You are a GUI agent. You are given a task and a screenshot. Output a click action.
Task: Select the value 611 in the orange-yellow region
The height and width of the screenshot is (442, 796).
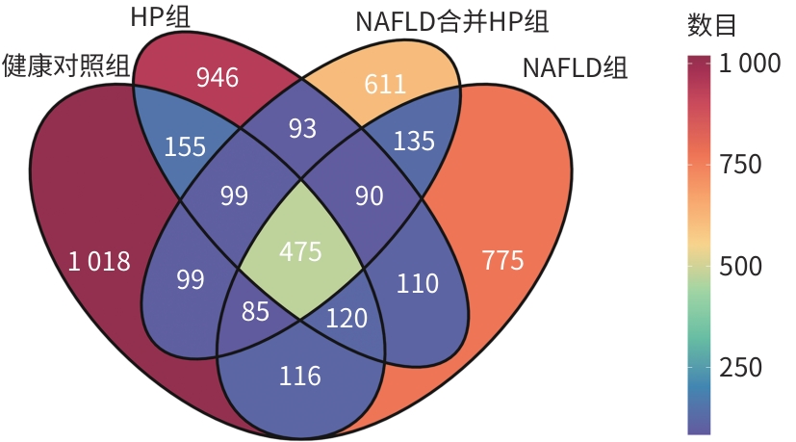coord(385,85)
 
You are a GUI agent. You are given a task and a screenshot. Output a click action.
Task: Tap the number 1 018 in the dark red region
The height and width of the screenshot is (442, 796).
coord(98,261)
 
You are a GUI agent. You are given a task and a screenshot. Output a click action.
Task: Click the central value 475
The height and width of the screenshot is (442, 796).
coord(300,252)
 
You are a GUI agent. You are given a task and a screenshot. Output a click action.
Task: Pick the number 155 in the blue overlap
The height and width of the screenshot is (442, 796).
coord(185,146)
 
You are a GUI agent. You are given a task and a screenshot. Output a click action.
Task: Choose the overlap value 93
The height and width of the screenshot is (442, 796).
coord(302,128)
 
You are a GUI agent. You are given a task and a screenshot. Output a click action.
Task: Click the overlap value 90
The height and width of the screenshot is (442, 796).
coord(369,196)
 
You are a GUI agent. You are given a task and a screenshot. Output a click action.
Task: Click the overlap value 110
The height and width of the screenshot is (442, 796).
coord(417,283)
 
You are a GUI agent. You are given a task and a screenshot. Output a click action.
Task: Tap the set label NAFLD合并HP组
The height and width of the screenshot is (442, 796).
coord(459,19)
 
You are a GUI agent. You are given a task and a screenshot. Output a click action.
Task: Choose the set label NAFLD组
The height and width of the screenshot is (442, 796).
coord(574,69)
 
